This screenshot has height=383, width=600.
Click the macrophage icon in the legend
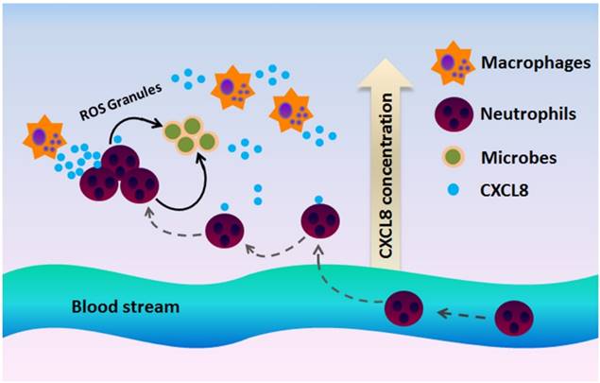(452, 64)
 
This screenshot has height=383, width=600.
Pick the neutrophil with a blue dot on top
(320, 221)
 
